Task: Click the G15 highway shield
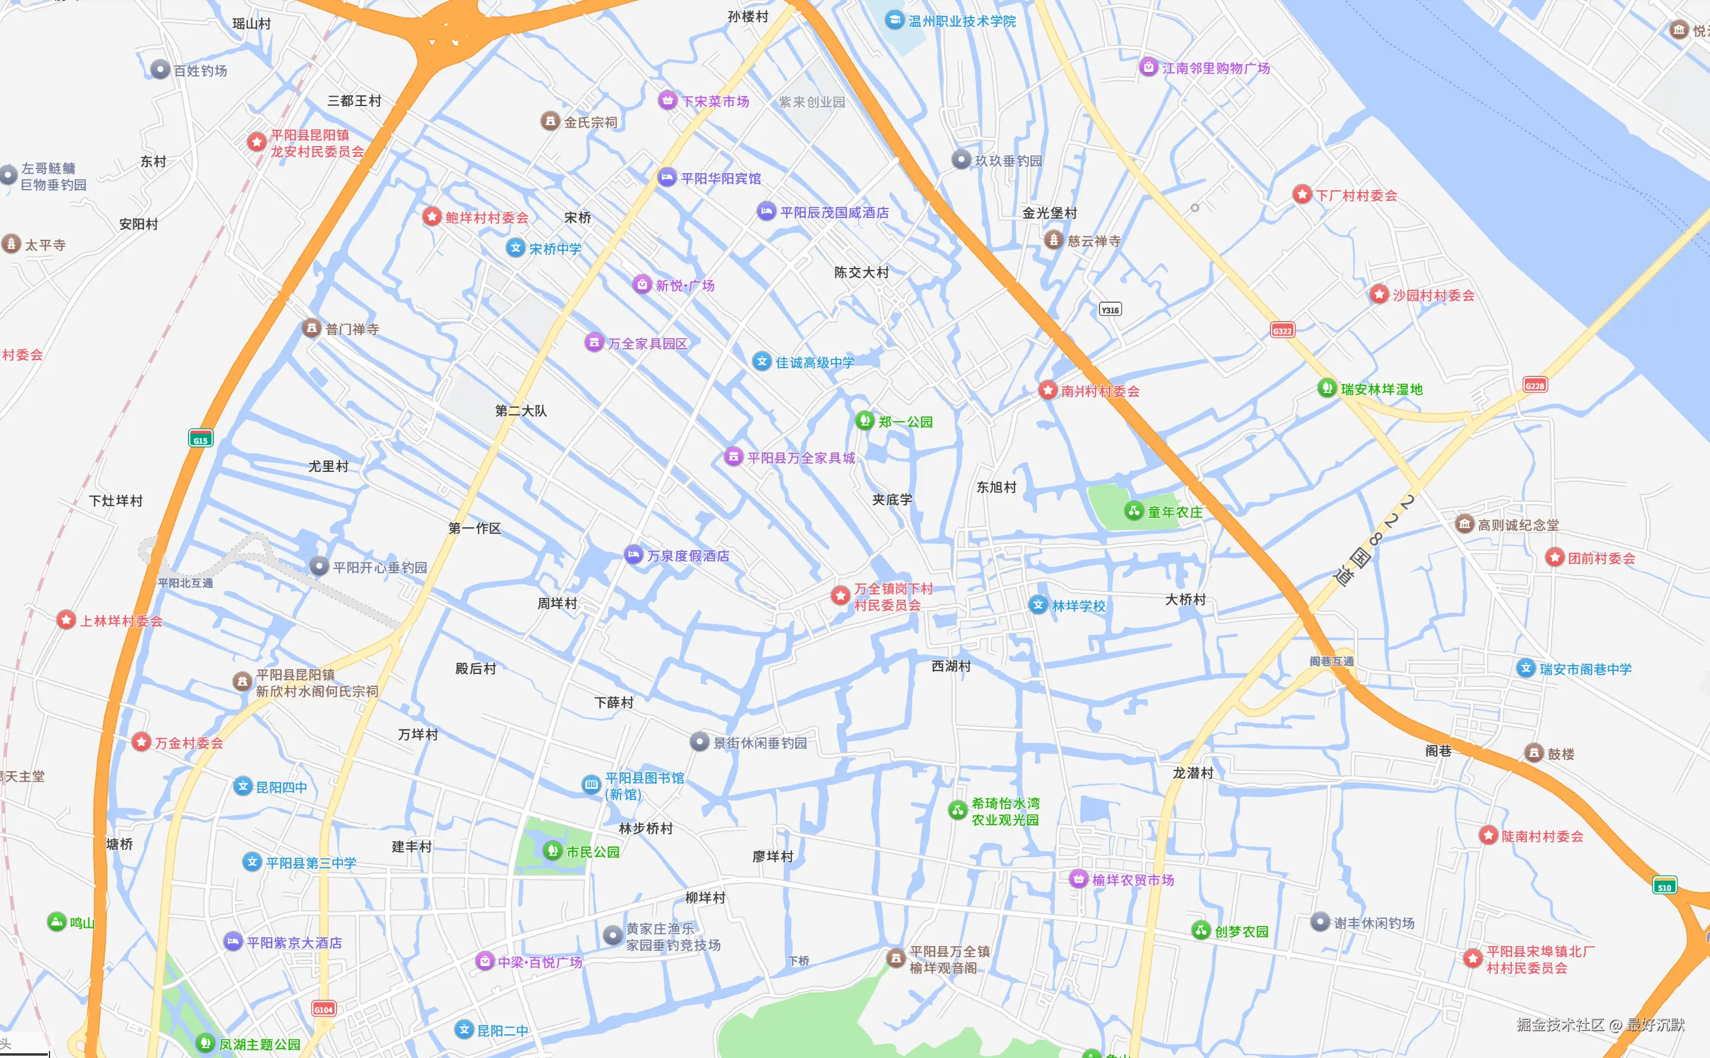[x=200, y=438]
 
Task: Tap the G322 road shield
[x=1282, y=330]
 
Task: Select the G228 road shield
[x=1534, y=385]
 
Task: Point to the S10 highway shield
[x=1664, y=886]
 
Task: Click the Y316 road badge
[x=1110, y=309]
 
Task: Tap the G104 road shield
[x=323, y=1009]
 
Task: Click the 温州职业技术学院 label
[x=962, y=21]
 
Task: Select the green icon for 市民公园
[x=552, y=850]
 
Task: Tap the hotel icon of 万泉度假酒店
[x=633, y=555]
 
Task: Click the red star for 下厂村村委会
[x=1302, y=194]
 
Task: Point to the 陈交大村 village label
[x=861, y=272]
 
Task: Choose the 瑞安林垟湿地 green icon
[x=1326, y=388]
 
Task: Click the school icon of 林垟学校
[x=1038, y=604]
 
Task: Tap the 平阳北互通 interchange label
[x=186, y=583]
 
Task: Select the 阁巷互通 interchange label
[x=1331, y=661]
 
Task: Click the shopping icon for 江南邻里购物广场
[x=1148, y=67]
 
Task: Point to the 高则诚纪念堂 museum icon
[x=1464, y=524]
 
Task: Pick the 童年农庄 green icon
[x=1133, y=511]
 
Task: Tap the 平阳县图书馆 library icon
[x=591, y=785]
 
